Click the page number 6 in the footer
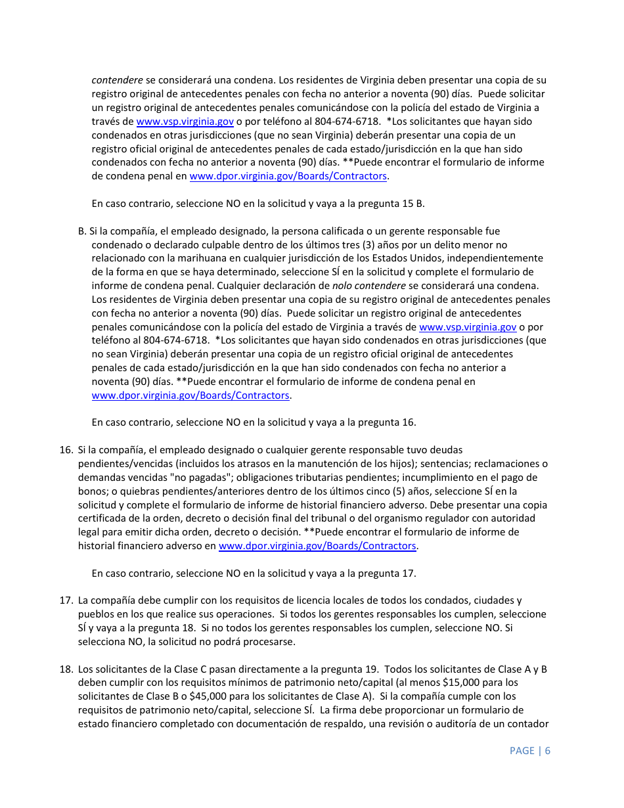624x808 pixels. (547, 750)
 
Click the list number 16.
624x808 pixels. (66, 450)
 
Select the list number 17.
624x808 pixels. (66, 600)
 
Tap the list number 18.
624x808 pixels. (66, 669)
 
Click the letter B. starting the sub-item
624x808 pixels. (82, 231)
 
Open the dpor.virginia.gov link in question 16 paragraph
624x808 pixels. (317, 546)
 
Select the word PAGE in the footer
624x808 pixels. (522, 750)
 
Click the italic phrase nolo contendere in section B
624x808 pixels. (368, 286)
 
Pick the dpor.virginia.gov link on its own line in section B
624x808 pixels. (190, 395)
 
